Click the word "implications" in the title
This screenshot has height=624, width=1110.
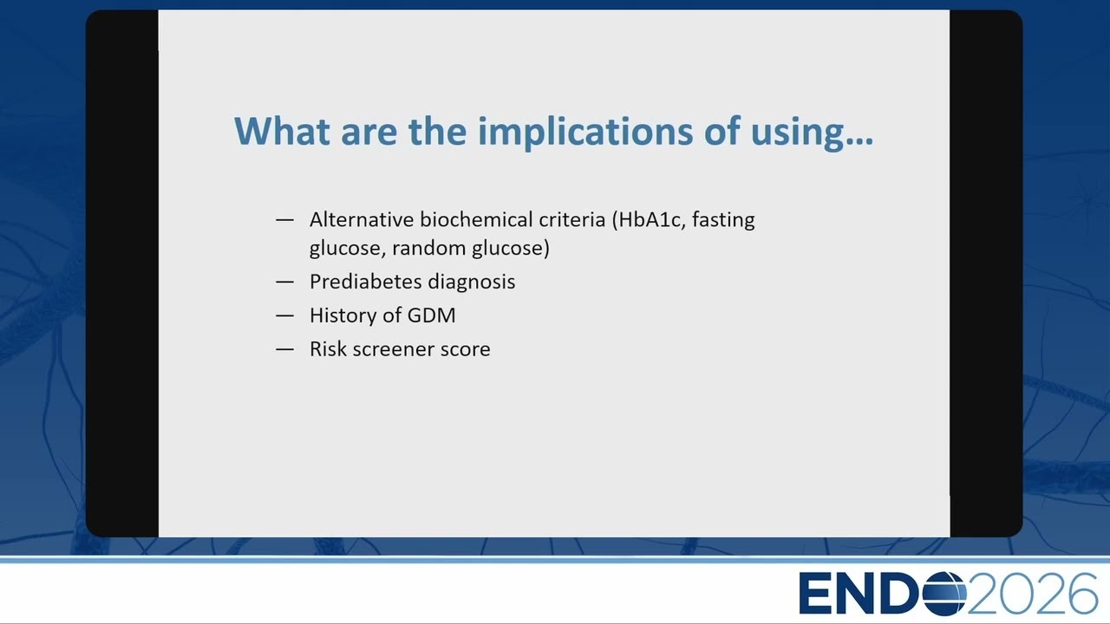(x=585, y=133)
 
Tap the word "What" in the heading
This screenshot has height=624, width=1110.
(x=282, y=131)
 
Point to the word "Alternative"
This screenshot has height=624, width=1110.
(x=362, y=219)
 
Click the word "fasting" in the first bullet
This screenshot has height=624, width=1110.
(x=723, y=220)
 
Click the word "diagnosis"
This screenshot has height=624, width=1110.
(x=471, y=283)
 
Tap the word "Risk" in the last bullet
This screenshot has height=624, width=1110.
(x=328, y=349)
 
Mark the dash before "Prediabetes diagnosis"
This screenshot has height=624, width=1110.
(x=285, y=282)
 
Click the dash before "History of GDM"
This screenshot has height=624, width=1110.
(x=285, y=315)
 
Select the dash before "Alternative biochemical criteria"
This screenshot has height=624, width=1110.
(x=285, y=219)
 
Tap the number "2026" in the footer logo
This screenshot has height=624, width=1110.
(x=1033, y=594)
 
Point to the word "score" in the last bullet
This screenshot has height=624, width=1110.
(x=466, y=349)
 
